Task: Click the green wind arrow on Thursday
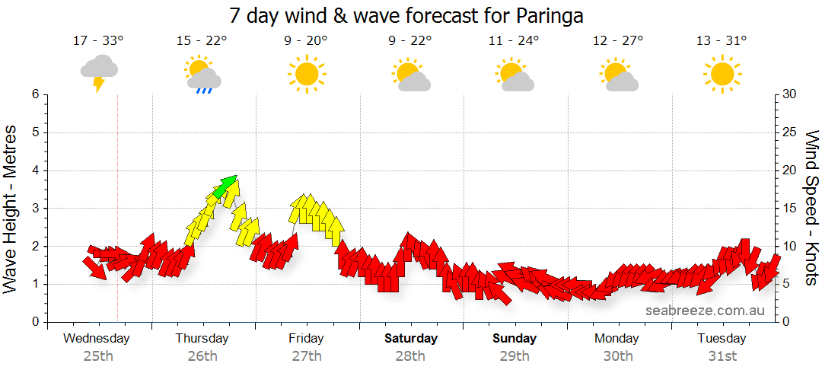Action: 225,186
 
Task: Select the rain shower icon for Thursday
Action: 202,75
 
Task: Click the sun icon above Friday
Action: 306,75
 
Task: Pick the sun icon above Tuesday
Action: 722,75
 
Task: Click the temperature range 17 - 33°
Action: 98,41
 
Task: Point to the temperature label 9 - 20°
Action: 306,41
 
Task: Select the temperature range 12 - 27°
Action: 617,41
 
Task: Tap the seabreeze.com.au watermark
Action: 705,310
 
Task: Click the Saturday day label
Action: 410,338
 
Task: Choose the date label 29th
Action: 515,355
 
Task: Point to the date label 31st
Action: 722,355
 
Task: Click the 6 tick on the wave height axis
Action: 34,94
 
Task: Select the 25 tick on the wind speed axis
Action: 789,132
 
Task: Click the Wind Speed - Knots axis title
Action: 811,207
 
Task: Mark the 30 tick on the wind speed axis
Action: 789,94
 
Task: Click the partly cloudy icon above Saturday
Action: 411,75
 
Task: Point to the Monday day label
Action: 617,338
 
